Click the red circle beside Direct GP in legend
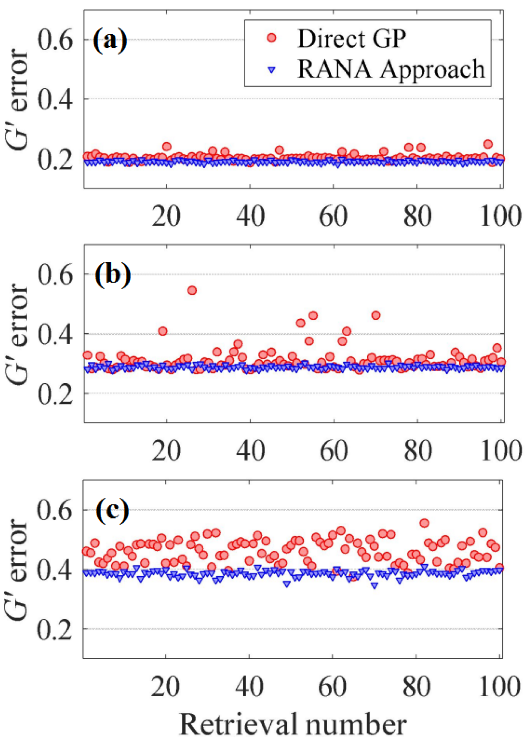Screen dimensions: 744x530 (x=271, y=38)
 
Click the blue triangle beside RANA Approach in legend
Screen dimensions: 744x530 (x=271, y=70)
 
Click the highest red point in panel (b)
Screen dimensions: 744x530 (x=192, y=290)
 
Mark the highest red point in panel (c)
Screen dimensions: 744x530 (x=424, y=523)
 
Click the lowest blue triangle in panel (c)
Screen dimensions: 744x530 (x=374, y=586)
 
